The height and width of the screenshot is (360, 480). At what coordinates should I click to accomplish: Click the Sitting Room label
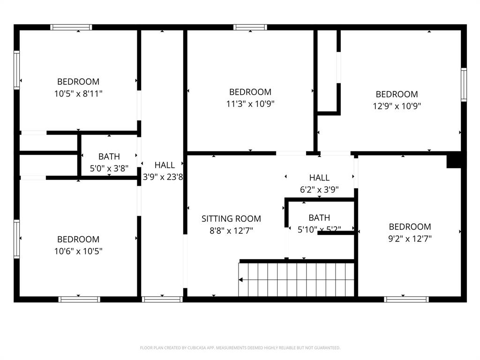coord(231,218)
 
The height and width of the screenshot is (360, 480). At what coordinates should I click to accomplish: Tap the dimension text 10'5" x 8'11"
coord(78,93)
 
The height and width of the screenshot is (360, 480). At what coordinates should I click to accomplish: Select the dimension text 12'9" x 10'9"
coord(397,106)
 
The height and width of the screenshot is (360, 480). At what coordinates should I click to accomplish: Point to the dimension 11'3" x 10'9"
coord(250,104)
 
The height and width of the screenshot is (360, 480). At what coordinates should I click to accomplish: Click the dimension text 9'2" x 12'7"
coord(410,238)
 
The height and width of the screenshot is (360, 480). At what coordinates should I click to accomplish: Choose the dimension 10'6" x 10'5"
coord(78,251)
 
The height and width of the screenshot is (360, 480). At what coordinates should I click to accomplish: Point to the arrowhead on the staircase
coord(241,280)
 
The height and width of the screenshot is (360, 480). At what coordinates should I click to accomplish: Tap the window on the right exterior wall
coord(464,84)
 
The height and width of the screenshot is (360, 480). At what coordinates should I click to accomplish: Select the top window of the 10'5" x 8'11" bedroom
coord(71,27)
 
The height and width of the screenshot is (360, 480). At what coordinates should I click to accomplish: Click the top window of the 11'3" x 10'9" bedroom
coord(250,27)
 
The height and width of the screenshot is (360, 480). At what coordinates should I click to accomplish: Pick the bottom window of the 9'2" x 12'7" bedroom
coord(406,299)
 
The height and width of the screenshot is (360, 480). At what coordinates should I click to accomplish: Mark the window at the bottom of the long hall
coord(162,299)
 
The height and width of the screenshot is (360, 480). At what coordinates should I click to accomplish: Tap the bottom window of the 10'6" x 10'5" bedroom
coord(79,299)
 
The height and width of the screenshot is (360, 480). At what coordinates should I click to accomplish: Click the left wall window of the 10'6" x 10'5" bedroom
coord(17,239)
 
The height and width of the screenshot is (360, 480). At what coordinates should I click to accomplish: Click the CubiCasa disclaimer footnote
coord(240,348)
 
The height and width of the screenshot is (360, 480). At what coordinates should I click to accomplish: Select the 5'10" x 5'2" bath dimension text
coord(319,229)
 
